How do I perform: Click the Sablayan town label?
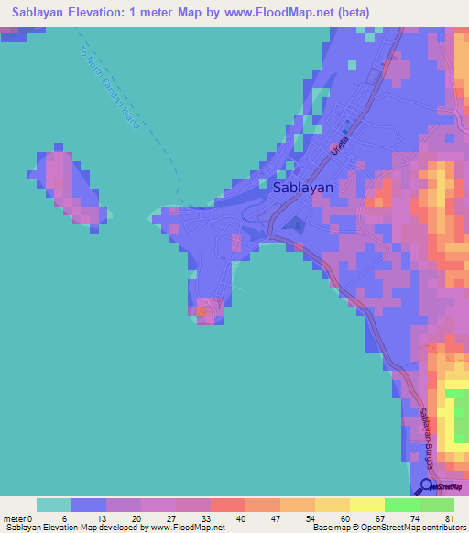[x=303, y=186]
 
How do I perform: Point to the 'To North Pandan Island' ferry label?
[x=110, y=87]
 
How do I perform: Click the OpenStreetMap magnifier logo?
[x=427, y=486]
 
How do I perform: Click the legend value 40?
[x=240, y=518]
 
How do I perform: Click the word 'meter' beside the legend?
[x=15, y=518]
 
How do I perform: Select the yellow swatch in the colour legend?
[x=366, y=505]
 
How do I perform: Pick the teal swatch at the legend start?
[x=54, y=505]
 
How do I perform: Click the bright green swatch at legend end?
[x=436, y=505]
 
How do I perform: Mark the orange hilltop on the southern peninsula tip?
[x=202, y=312]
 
